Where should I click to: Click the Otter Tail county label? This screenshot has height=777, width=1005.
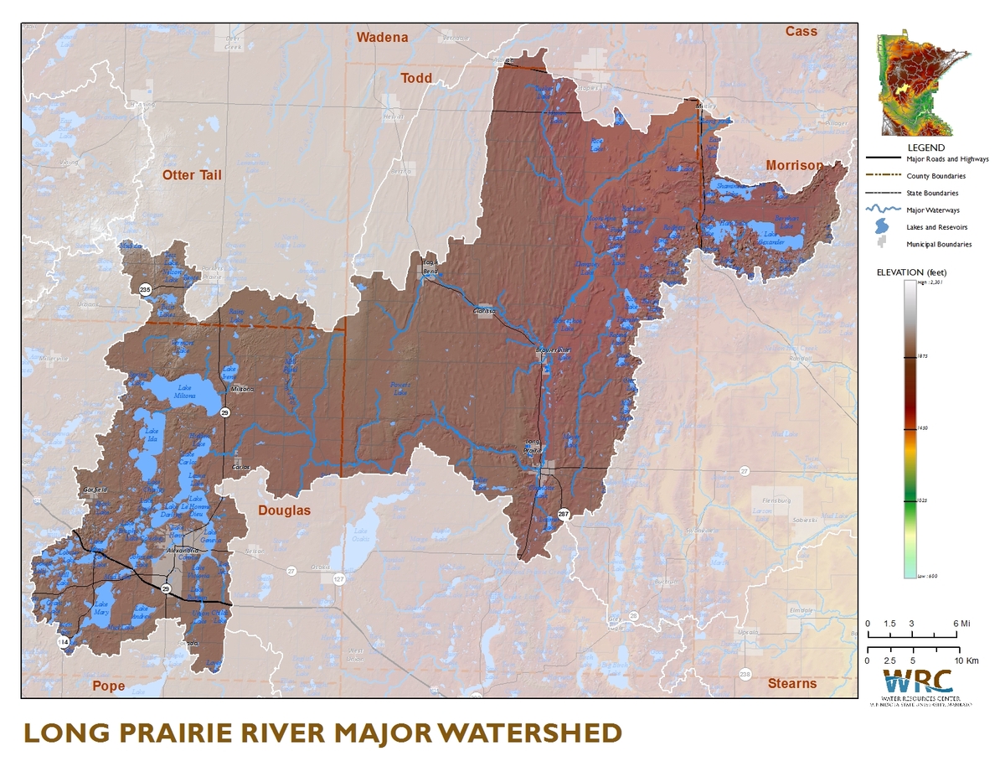coord(192,174)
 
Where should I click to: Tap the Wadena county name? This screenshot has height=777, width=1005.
coord(382,37)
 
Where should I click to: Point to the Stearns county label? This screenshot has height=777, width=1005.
coord(791,683)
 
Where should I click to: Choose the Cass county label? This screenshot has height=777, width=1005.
coord(801,31)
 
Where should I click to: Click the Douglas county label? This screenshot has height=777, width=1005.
coord(283,510)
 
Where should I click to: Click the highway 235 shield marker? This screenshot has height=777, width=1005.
coord(146,289)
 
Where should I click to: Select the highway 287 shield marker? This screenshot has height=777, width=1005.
coord(563,514)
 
